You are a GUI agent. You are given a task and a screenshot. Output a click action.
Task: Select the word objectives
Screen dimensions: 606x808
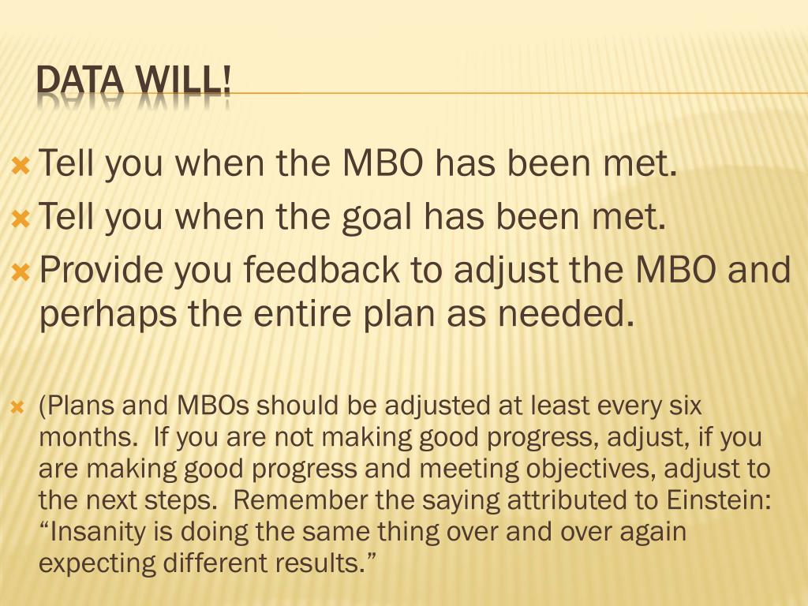click(585, 469)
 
